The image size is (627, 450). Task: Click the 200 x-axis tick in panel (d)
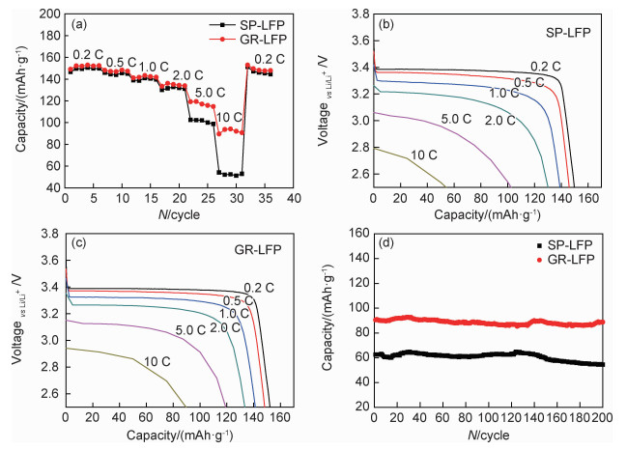click(x=602, y=417)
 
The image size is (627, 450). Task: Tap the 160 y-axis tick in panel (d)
click(x=357, y=235)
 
